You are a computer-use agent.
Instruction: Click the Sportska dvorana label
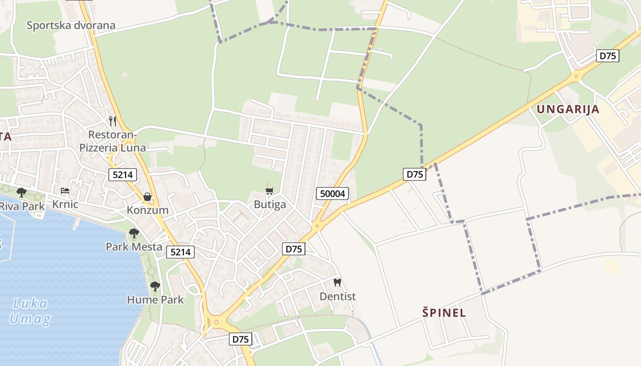coord(71,25)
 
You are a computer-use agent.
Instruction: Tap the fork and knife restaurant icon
coord(113,121)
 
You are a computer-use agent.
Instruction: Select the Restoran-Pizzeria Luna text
coord(113,141)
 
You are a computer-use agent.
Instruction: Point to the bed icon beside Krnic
coord(65,191)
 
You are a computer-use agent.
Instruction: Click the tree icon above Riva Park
coord(21,193)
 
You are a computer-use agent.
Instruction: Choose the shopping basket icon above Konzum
coord(147,197)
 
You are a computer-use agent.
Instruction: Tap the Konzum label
coord(147,210)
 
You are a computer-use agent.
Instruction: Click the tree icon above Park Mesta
coord(134,233)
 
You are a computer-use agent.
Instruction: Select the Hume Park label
coord(155,300)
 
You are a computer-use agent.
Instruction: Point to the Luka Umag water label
coord(30,311)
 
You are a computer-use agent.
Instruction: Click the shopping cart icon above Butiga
coord(270,191)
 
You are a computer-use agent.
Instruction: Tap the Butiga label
coord(270,205)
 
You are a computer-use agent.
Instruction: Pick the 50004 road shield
coord(332,194)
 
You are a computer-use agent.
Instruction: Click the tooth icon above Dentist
coord(337,283)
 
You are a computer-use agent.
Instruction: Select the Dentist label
coord(337,296)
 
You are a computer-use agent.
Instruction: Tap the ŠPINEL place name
coord(444,313)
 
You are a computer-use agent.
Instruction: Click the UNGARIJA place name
coord(568,109)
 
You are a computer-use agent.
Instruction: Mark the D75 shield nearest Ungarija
coord(608,56)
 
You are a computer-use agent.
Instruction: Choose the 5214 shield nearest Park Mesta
coord(180,252)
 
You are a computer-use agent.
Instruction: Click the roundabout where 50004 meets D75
coord(316,226)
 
